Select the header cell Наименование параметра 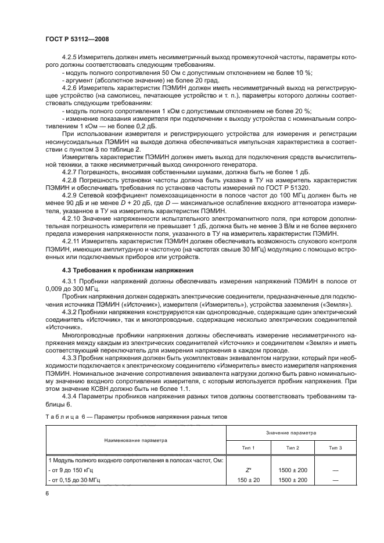coord(135,440)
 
